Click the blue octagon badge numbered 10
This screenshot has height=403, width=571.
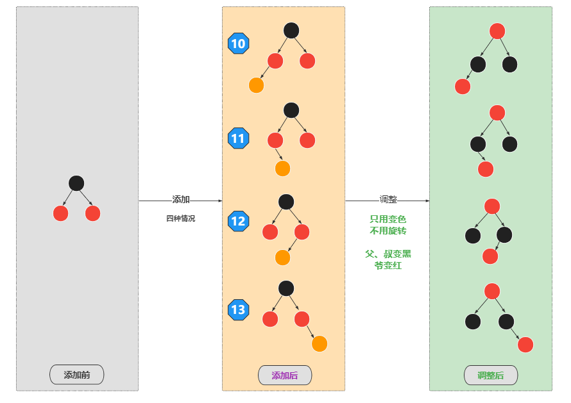click(238, 44)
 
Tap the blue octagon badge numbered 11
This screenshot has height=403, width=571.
click(238, 138)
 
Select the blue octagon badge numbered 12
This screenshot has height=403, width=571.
click(238, 222)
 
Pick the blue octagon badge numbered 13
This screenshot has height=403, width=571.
click(238, 310)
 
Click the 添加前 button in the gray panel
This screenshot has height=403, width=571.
click(77, 375)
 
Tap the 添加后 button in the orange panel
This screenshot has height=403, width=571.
click(285, 375)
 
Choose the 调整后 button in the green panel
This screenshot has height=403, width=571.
click(491, 375)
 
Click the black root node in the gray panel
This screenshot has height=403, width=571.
click(76, 183)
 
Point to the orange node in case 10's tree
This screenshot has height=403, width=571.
click(256, 85)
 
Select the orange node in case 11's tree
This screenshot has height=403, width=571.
click(282, 169)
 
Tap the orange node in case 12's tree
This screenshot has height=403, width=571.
click(282, 258)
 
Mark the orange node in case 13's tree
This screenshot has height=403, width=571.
click(320, 344)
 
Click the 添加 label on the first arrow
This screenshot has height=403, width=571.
click(181, 200)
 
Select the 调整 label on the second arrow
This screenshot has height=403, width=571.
click(388, 200)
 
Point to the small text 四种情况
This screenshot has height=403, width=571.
click(180, 218)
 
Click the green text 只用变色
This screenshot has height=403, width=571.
click(388, 219)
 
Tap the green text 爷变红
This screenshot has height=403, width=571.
click(388, 265)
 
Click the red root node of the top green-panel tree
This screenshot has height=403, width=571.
click(497, 31)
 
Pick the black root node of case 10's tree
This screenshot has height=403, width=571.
click(291, 30)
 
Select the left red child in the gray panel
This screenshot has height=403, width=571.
click(61, 213)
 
